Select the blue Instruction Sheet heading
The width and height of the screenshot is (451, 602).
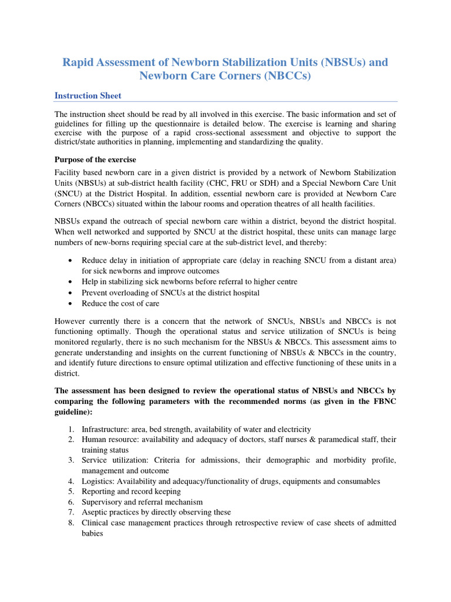[88, 95]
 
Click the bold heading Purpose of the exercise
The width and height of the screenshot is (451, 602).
[96, 159]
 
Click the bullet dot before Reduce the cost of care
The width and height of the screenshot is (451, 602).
[70, 303]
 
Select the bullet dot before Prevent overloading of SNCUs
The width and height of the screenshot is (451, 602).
[70, 293]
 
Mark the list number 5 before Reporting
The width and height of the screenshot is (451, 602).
[70, 491]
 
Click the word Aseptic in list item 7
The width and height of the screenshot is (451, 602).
[95, 512]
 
